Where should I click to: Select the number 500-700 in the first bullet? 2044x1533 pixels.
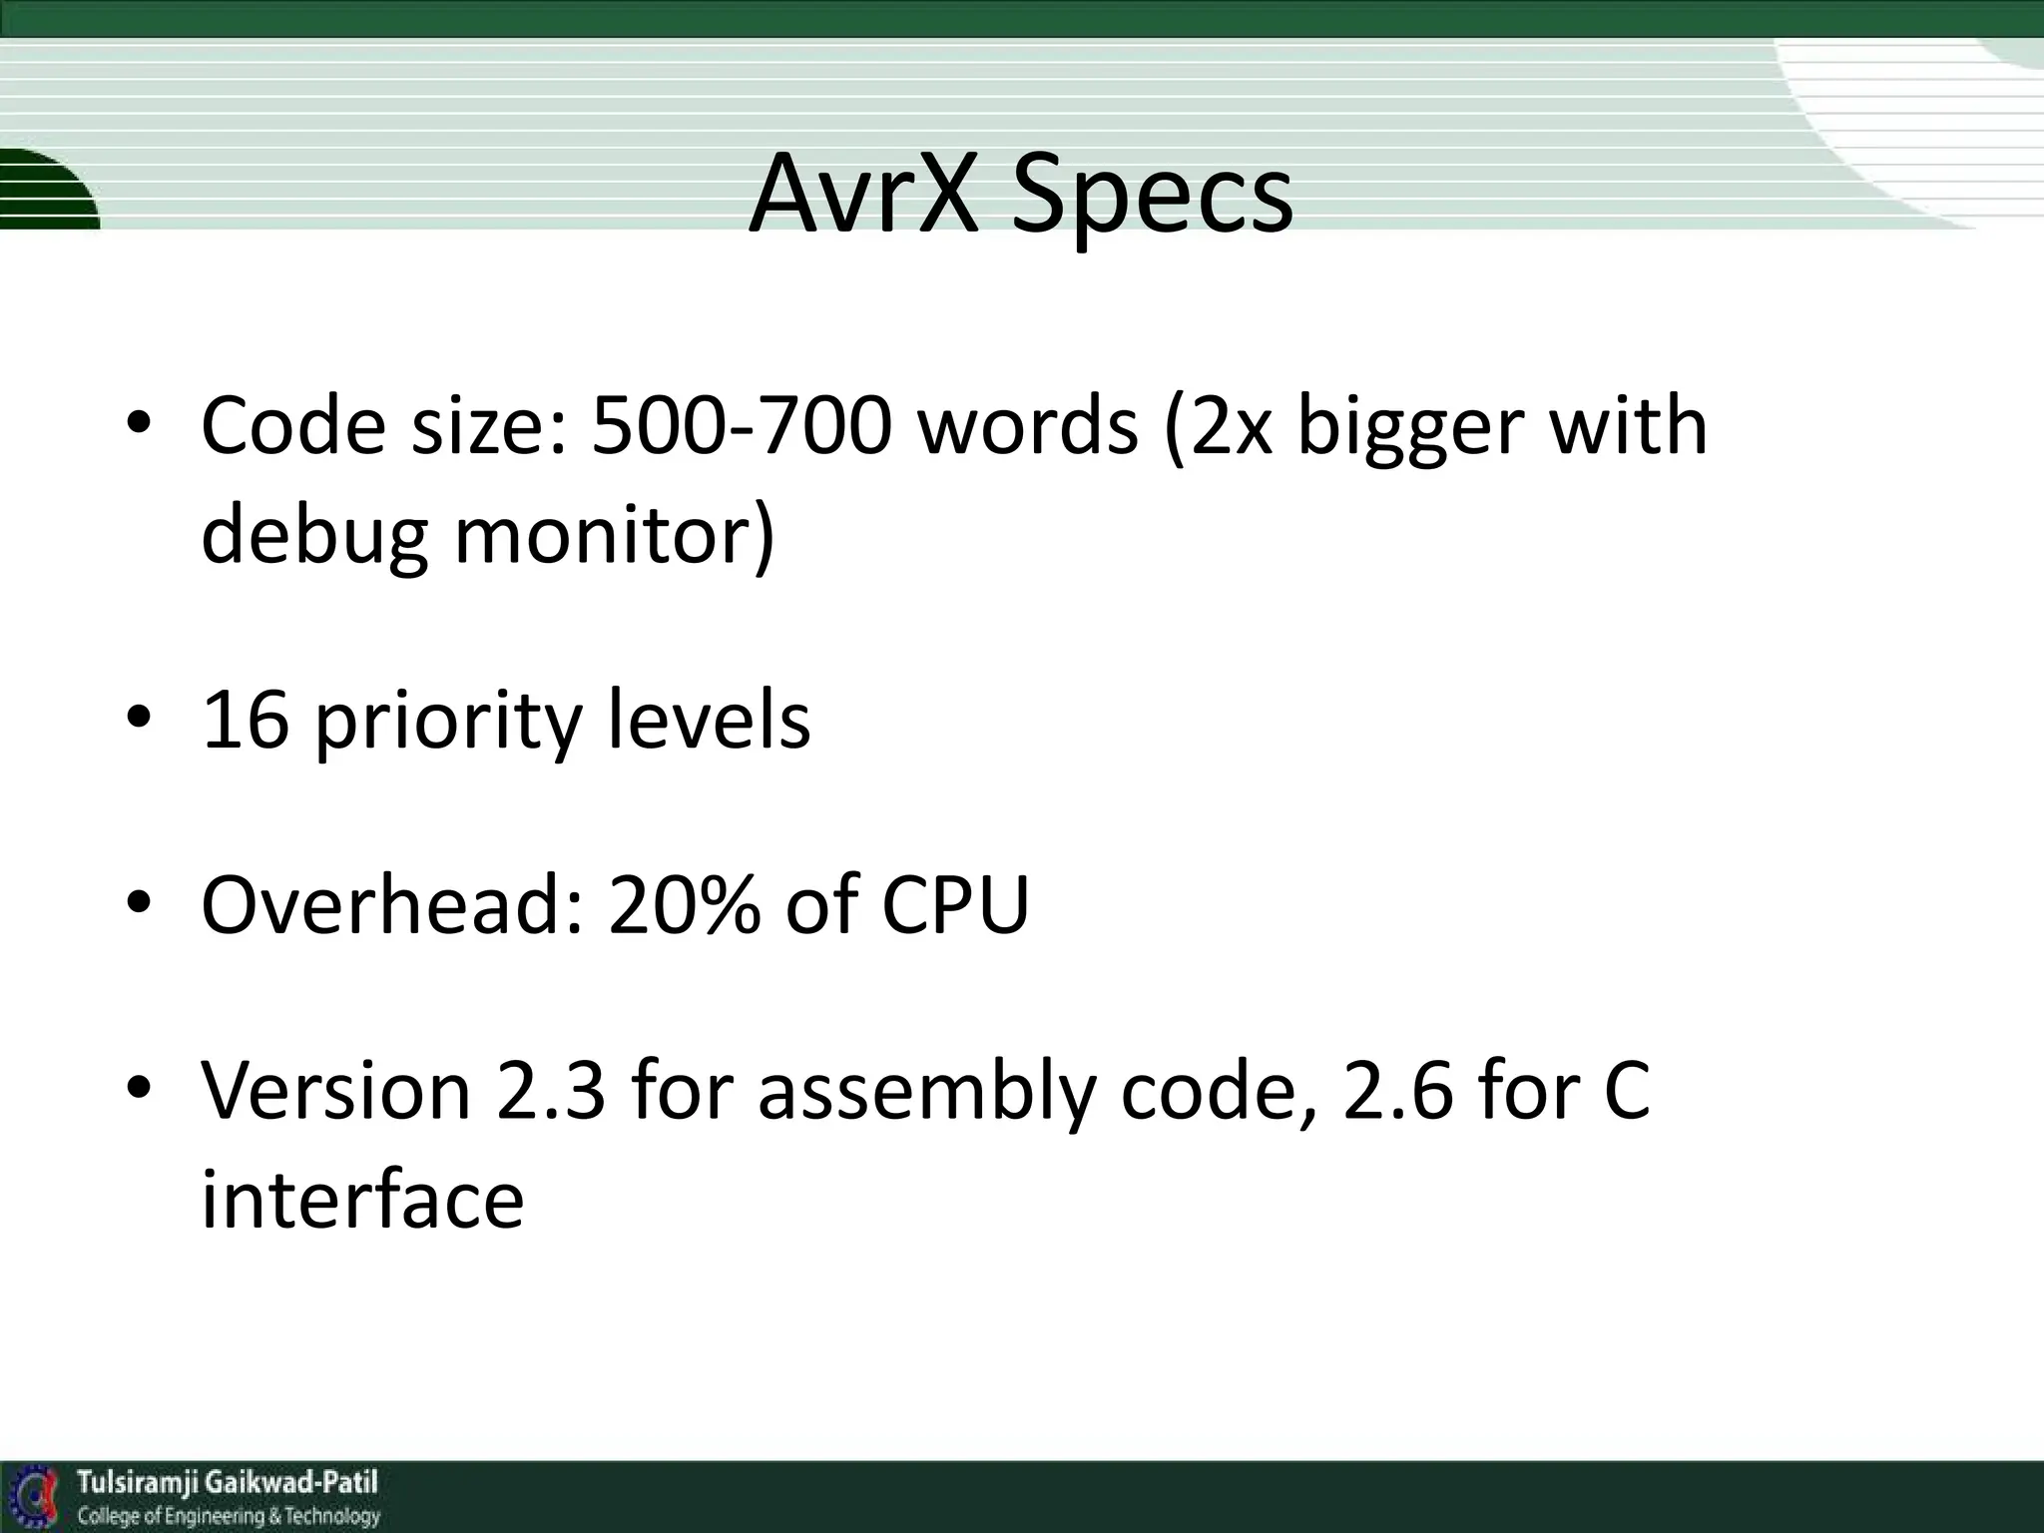point(740,427)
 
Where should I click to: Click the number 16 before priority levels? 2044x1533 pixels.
point(246,721)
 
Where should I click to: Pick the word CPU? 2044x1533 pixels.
point(955,904)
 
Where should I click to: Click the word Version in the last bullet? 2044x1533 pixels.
point(335,1090)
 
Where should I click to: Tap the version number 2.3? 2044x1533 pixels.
point(550,1090)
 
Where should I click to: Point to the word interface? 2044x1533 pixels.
point(362,1198)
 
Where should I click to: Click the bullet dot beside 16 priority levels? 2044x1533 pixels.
point(139,718)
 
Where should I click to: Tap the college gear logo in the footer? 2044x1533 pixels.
point(36,1498)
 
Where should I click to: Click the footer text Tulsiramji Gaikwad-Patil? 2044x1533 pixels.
point(228,1482)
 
